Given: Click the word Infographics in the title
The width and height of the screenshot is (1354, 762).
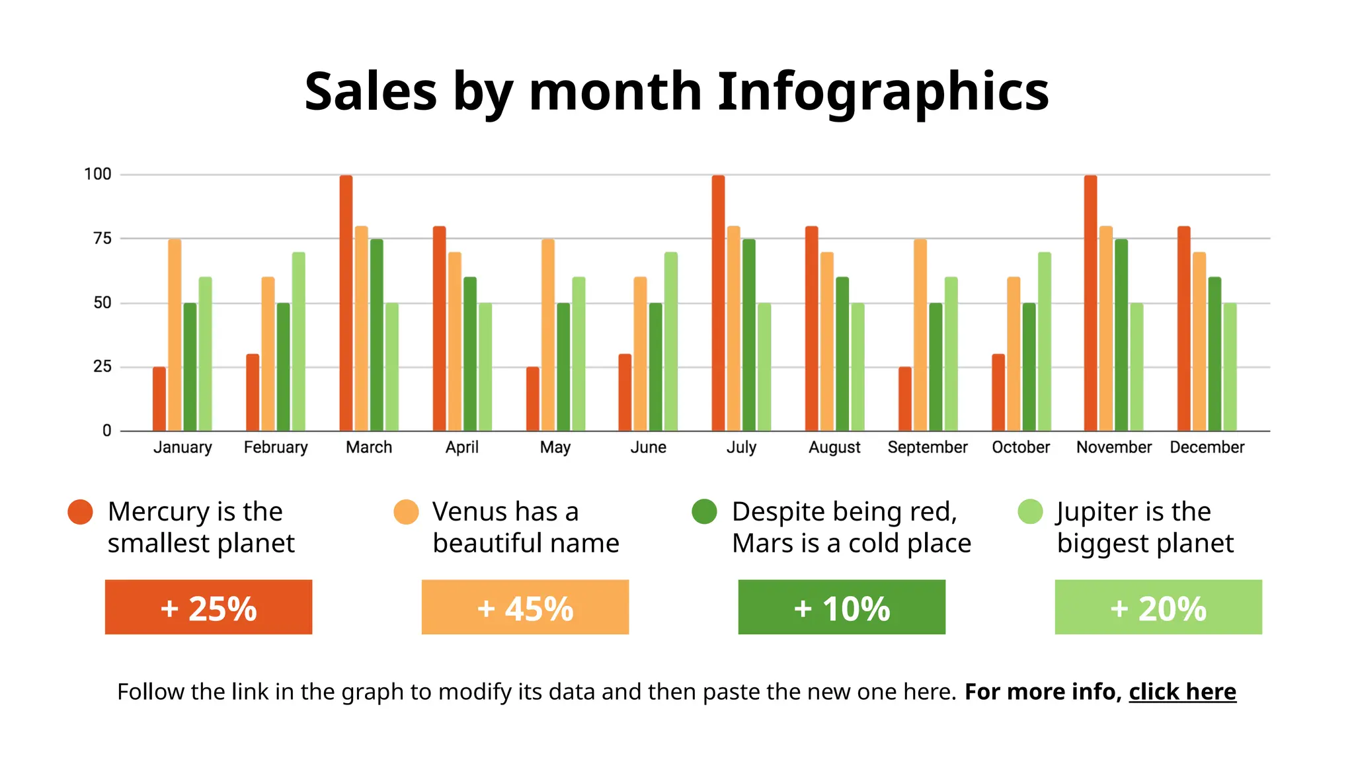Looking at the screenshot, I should pyautogui.click(x=883, y=93).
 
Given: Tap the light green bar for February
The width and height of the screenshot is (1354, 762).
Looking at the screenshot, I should pyautogui.click(x=299, y=341).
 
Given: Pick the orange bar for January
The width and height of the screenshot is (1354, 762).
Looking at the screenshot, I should pyautogui.click(x=175, y=335).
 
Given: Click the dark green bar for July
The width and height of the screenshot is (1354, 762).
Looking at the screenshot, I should pyautogui.click(x=748, y=335).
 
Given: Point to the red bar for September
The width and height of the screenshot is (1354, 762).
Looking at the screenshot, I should pyautogui.click(x=905, y=399).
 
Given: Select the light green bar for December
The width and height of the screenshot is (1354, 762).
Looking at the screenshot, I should pyautogui.click(x=1230, y=367).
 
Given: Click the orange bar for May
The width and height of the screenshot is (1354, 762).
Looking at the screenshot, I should pyautogui.click(x=548, y=335).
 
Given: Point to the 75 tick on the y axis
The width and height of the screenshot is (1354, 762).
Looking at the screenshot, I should pyautogui.click(x=102, y=239).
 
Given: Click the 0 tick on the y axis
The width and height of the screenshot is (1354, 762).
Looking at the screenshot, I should pyautogui.click(x=106, y=431).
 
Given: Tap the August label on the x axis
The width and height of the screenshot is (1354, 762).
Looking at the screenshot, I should pyautogui.click(x=834, y=448).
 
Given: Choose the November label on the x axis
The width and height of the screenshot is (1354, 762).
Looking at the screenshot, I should pyautogui.click(x=1114, y=448).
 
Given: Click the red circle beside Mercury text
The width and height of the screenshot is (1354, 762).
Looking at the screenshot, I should pyautogui.click(x=81, y=512).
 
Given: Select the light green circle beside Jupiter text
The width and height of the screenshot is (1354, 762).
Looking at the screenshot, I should pyautogui.click(x=1030, y=511).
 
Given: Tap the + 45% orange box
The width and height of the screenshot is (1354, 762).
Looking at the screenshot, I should pyautogui.click(x=525, y=607).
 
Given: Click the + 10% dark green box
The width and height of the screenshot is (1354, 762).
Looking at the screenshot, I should pyautogui.click(x=842, y=607).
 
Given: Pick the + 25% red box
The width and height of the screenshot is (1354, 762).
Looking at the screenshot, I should pyautogui.click(x=208, y=607).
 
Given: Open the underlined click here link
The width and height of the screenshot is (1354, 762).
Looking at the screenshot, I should pyautogui.click(x=1182, y=692).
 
